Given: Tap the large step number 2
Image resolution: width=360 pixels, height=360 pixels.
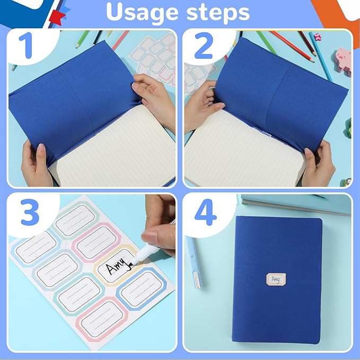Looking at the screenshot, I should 204,47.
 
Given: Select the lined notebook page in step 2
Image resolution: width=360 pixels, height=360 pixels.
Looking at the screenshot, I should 244,148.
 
